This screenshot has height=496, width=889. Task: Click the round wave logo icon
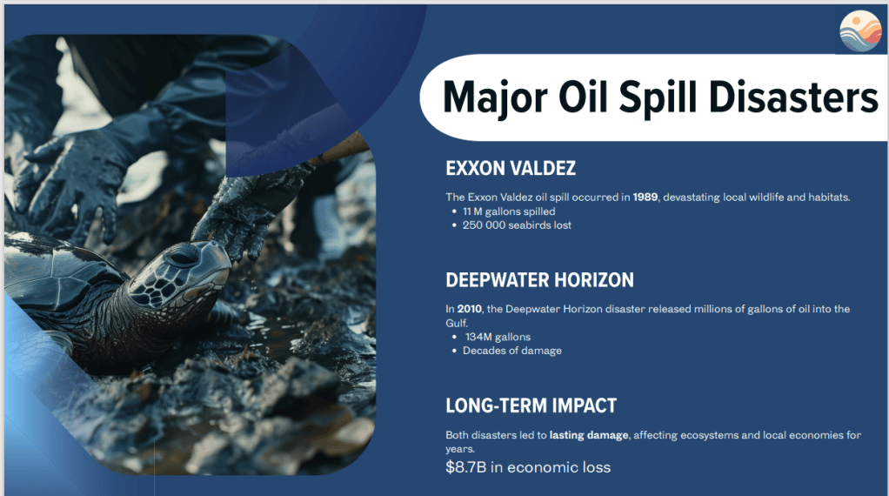[x=860, y=30]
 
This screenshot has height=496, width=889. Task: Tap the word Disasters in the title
[x=793, y=97]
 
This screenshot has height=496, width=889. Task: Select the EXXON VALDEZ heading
[x=511, y=168]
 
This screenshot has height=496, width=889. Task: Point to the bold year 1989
[x=645, y=198]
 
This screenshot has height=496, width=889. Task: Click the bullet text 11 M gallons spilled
[x=509, y=211]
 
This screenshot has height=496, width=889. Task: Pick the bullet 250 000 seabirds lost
[x=517, y=225]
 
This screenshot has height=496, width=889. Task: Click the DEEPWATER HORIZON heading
[x=539, y=280]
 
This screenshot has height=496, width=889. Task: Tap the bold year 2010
[x=470, y=309]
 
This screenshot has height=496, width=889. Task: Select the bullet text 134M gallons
[x=498, y=337]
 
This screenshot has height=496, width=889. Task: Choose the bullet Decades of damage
[x=512, y=351]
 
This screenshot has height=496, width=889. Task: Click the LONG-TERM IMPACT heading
[x=531, y=406]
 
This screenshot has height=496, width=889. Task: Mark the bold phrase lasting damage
[x=589, y=435]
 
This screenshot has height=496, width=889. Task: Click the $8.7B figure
[x=465, y=467]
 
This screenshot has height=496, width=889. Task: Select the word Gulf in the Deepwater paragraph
[x=456, y=323]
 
